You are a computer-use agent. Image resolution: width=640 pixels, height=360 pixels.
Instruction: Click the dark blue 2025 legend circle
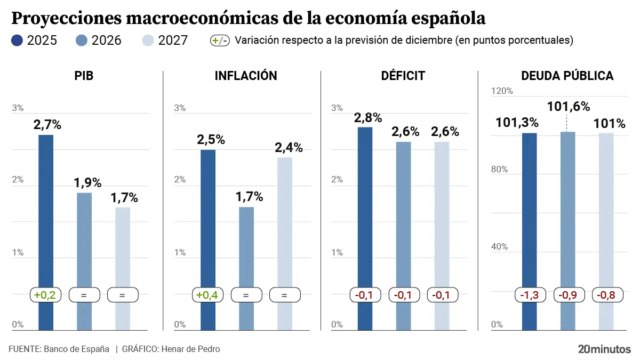point(17,41)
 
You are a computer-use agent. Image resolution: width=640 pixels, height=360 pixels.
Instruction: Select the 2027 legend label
point(173,41)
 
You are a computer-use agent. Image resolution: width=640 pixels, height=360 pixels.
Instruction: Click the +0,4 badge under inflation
point(207,295)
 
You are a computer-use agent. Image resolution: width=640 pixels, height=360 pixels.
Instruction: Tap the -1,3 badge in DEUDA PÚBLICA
point(529,295)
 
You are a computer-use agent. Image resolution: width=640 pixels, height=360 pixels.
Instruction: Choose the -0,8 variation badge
point(606,295)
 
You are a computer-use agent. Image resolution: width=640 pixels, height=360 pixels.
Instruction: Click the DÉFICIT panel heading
point(403,76)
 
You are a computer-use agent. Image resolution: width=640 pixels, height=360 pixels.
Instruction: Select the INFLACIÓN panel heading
point(246,76)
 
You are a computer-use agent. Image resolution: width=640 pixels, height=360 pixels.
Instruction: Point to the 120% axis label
point(502,91)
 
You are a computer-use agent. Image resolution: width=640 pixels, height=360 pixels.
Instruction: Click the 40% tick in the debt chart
point(500,247)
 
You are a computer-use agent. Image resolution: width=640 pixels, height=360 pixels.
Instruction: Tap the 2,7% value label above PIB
point(47,125)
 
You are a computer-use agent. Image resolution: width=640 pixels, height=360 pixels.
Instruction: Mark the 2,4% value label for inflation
point(289,148)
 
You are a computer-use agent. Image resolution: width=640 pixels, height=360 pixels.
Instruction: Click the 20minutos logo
point(604,349)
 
